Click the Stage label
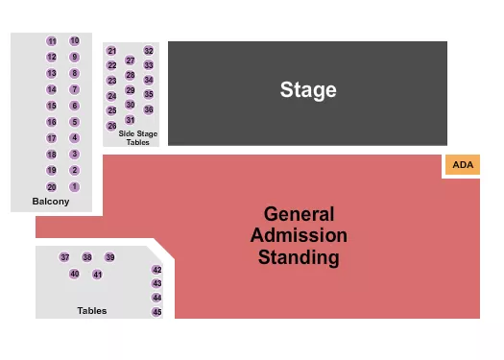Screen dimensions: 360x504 [x=308, y=90]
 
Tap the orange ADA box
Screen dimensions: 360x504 [x=463, y=165]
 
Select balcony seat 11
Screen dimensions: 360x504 [x=52, y=41]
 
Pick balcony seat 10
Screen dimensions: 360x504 [x=75, y=41]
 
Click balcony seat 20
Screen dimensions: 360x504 [x=52, y=187]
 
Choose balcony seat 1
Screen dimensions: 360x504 [x=75, y=187]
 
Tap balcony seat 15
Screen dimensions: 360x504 [x=52, y=106]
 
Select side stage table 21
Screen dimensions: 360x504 [x=111, y=51]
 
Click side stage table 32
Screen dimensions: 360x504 [x=149, y=51]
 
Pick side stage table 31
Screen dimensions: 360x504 [x=131, y=119]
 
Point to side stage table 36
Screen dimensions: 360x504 [x=149, y=109]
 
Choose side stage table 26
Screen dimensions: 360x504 [x=111, y=126]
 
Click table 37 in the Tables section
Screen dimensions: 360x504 [x=64, y=257]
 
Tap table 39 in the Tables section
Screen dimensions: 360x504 [x=109, y=257]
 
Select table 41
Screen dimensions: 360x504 [x=97, y=275]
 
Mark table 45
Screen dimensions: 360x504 [x=156, y=312]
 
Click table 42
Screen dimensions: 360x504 [x=156, y=271]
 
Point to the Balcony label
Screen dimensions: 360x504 [x=50, y=202]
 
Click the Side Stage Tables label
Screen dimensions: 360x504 [x=138, y=137]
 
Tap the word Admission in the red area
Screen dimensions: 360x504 [x=299, y=235]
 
